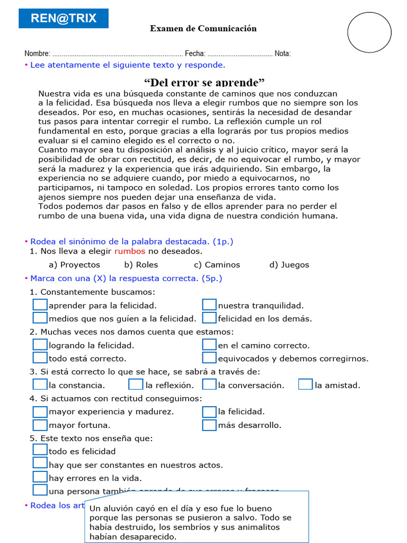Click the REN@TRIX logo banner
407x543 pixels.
coord(64,19)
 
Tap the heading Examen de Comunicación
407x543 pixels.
coord(203,29)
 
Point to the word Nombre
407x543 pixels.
coord(37,54)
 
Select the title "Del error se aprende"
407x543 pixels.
coord(204,82)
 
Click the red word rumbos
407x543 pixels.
coord(129,251)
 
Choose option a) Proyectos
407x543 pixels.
coord(74,265)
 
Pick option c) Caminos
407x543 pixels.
coord(217,265)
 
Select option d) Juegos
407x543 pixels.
coord(289,265)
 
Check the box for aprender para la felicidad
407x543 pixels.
coord(40,305)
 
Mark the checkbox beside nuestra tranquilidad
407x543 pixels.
coord(209,305)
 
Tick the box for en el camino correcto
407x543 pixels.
coord(209,345)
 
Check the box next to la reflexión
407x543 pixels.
coord(136,385)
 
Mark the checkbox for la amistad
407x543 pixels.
coord(305,385)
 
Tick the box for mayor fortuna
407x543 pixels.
coord(40,425)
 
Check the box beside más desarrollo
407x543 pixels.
coord(209,425)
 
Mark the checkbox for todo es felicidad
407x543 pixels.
coord(40,450)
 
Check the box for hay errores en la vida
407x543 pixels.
coord(40,477)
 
